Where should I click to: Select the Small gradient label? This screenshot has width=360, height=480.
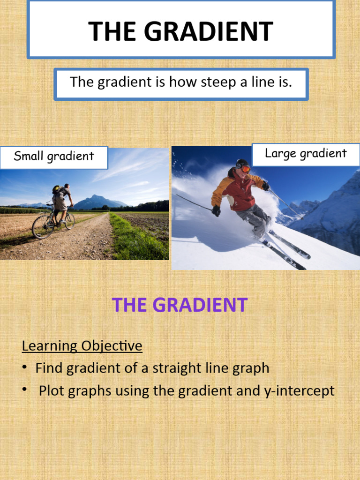[53, 157]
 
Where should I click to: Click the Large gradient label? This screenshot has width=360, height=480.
[306, 154]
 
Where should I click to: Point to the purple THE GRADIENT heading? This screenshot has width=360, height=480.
[180, 305]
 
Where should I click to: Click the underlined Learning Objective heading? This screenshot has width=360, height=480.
[82, 346]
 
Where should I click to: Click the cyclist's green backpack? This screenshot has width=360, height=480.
[56, 189]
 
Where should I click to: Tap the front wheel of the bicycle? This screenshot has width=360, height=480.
[69, 221]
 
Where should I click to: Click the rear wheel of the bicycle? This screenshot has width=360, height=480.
[42, 226]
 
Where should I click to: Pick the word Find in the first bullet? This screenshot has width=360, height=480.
[49, 368]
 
